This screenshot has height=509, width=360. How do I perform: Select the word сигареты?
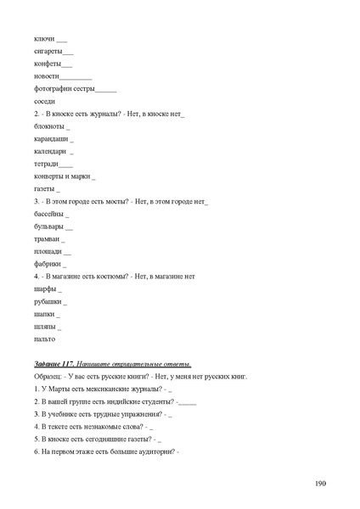tap(48, 52)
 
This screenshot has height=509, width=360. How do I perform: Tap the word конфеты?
tap(47, 64)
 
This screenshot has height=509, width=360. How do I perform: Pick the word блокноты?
tap(48, 126)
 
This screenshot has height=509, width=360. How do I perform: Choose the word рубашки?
tap(48, 301)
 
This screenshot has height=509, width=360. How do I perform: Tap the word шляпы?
tap(45, 327)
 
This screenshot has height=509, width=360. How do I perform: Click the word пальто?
tap(44, 338)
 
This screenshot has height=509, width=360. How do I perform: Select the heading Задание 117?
tap(56, 363)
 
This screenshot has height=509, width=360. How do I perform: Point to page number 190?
tap(319, 484)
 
